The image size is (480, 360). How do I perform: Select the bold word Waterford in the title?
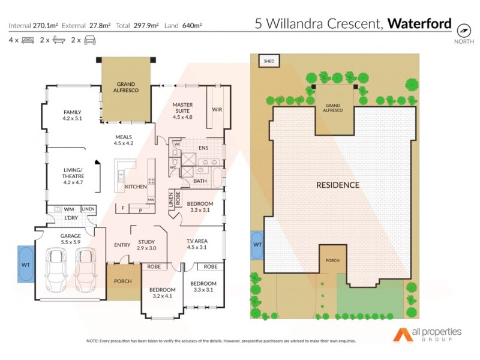(419, 24)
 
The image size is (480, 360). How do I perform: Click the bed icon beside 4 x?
(28, 40)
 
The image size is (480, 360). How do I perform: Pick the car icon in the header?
(89, 40)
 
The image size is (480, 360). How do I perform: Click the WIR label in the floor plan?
(217, 110)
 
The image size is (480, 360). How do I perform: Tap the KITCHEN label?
(136, 187)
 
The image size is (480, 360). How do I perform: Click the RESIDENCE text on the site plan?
(338, 185)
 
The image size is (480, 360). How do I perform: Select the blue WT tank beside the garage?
(26, 263)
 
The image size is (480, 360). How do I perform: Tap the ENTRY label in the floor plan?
(122, 245)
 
